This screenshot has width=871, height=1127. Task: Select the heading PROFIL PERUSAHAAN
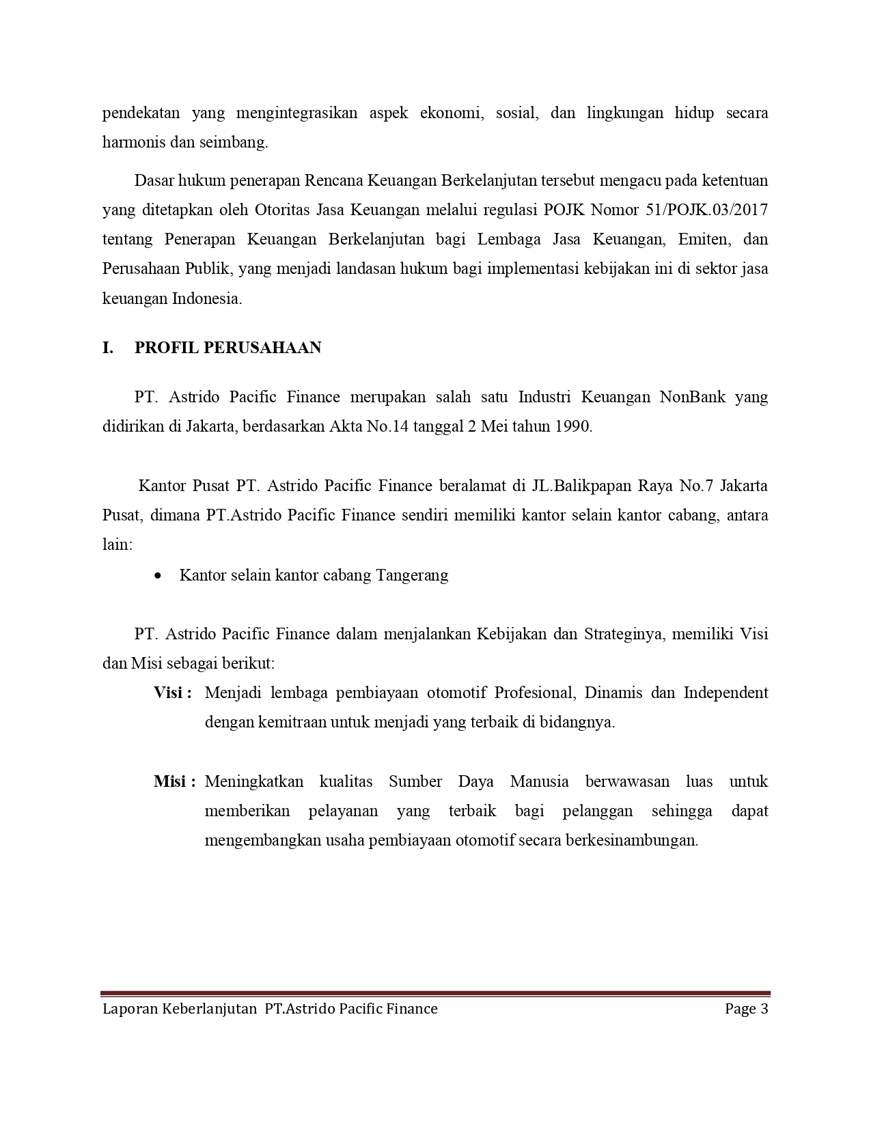tap(227, 348)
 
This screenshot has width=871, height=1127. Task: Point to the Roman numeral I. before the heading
tap(107, 348)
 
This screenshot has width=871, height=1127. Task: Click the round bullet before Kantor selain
tap(158, 575)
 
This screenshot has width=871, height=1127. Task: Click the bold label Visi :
tap(172, 693)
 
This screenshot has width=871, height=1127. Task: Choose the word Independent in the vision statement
tap(725, 693)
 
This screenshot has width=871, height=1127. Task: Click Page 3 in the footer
tap(747, 1009)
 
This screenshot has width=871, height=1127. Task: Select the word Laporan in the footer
tap(130, 1009)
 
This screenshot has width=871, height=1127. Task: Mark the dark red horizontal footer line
tap(435, 994)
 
